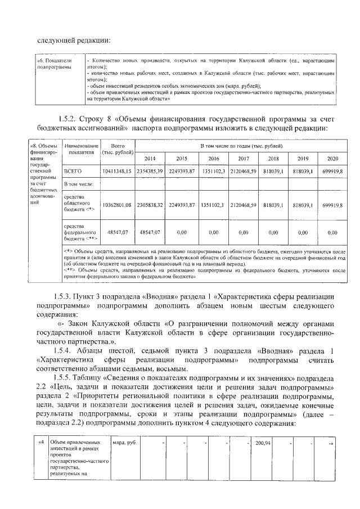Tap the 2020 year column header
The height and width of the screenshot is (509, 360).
point(332,159)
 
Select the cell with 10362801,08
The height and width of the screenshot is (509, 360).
point(117,206)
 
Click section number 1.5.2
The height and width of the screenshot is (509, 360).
point(67,119)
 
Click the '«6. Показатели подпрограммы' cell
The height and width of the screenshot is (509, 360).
point(54,63)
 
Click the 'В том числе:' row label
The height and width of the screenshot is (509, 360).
point(78,184)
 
